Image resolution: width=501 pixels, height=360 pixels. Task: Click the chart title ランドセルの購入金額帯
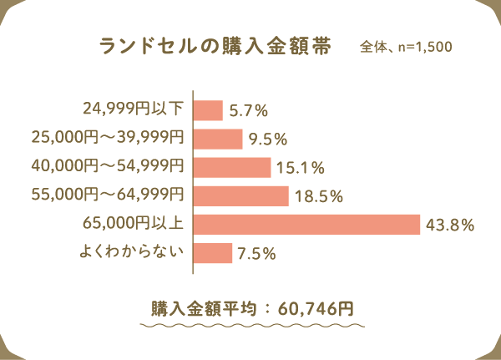[x=214, y=46]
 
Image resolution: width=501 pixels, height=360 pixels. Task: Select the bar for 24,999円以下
[x=209, y=110]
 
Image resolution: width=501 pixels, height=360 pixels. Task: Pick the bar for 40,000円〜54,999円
[x=232, y=167]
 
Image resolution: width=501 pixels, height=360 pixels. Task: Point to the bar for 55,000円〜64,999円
[x=241, y=196]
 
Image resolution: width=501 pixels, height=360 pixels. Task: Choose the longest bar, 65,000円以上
[x=306, y=225]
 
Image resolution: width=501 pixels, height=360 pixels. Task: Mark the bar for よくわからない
[x=213, y=253]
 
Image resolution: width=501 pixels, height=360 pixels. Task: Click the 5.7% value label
[x=248, y=110]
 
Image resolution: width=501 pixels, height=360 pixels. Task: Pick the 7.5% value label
[x=257, y=254]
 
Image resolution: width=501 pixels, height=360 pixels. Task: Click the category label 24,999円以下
[x=133, y=109]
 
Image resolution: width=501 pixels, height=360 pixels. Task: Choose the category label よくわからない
[x=133, y=251]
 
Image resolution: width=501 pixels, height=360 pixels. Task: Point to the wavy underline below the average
[x=250, y=323]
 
